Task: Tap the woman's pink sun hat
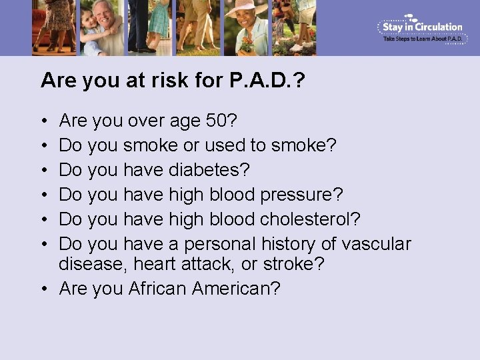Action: click(x=241, y=8)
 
